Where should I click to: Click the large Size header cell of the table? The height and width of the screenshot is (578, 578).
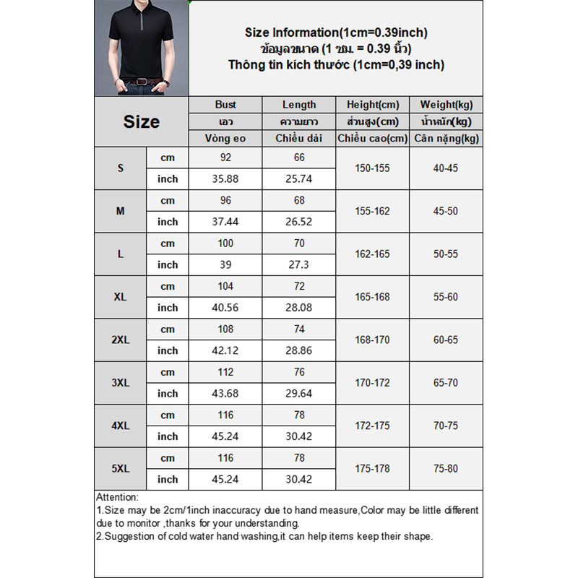click(x=141, y=121)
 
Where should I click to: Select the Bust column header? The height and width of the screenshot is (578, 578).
click(x=225, y=105)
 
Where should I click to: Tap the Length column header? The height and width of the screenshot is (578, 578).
click(x=299, y=105)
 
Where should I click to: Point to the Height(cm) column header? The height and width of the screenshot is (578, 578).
click(x=373, y=105)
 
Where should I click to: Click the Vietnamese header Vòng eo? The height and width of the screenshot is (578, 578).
click(x=225, y=139)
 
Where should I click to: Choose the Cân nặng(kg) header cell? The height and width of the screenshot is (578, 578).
click(x=446, y=139)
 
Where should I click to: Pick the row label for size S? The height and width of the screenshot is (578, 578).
click(x=121, y=168)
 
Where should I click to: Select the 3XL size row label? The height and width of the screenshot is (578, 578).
click(x=121, y=383)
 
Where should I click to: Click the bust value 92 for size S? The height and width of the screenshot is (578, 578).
click(x=225, y=158)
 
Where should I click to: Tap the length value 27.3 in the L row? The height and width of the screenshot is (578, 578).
click(x=299, y=264)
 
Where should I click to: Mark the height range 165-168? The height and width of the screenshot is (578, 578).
click(x=373, y=297)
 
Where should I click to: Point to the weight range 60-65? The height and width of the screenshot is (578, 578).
click(x=446, y=340)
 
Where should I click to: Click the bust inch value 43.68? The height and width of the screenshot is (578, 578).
click(x=225, y=393)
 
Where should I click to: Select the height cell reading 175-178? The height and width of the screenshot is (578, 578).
click(x=373, y=468)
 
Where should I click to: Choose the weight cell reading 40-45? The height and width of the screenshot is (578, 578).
click(x=446, y=168)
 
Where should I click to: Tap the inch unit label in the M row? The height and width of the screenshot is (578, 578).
click(x=168, y=222)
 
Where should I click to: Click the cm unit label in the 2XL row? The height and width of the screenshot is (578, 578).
click(x=168, y=329)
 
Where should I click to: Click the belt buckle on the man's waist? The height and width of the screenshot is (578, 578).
click(x=142, y=81)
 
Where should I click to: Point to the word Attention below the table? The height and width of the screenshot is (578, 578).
click(x=117, y=497)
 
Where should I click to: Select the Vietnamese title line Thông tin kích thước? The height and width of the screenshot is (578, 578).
click(x=336, y=65)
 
